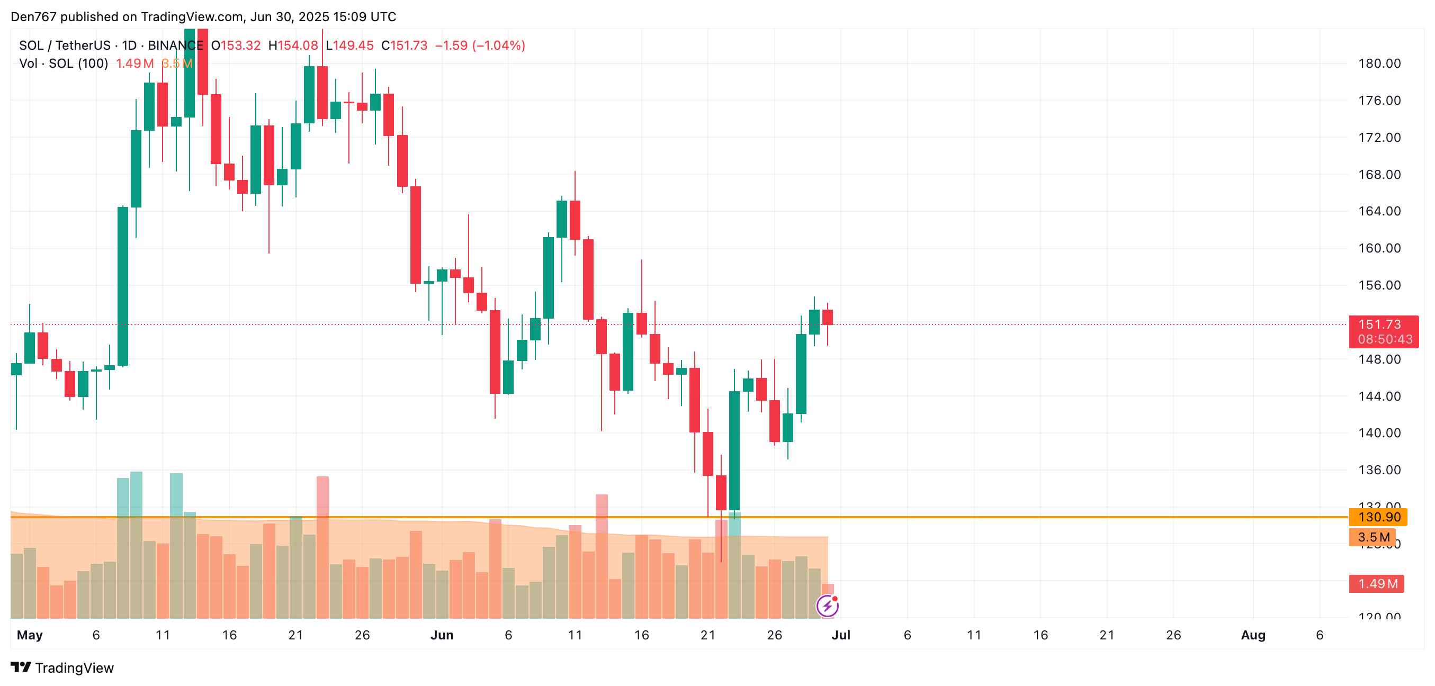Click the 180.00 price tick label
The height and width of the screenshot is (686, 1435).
(1379, 64)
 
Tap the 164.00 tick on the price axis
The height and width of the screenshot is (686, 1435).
(1379, 211)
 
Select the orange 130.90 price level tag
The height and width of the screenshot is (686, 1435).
(1378, 517)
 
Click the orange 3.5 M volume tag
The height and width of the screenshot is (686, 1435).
(1373, 537)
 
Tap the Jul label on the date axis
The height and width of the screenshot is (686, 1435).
(840, 635)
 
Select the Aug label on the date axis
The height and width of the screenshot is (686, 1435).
(1253, 635)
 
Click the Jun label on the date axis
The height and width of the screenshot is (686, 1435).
(442, 635)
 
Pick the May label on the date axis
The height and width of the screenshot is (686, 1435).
(30, 635)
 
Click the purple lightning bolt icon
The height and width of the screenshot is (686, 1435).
(827, 606)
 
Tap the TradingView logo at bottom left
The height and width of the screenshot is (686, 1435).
(62, 667)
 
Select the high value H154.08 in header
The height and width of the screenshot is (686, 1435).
(293, 46)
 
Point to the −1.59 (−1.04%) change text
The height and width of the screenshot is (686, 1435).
(480, 46)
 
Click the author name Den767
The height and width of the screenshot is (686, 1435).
(33, 17)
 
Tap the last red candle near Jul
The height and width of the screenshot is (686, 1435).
(827, 318)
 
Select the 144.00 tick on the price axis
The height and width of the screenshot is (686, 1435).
(1379, 396)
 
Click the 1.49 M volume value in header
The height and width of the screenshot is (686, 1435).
(135, 64)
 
